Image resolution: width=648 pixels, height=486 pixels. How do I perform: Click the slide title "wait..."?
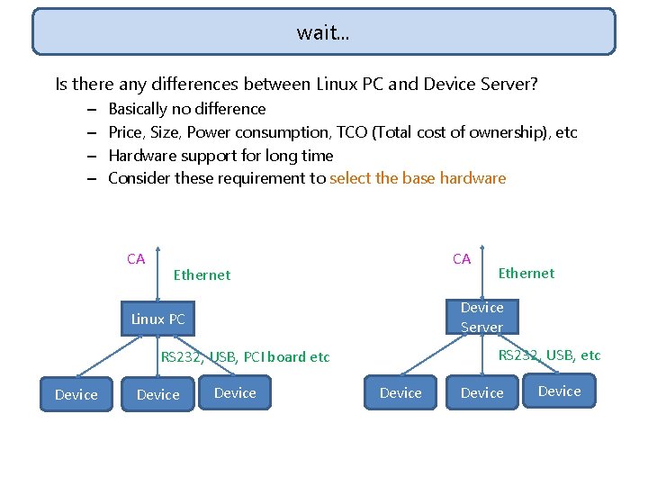pyautogui.click(x=323, y=33)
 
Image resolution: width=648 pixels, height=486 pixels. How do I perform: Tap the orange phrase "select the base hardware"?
pyautogui.click(x=418, y=178)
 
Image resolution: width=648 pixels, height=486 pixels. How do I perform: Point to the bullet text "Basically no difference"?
pyautogui.click(x=186, y=109)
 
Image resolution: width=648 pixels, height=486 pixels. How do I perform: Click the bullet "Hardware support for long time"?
pyautogui.click(x=220, y=155)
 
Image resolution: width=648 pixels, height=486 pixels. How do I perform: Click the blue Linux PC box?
pyautogui.click(x=158, y=319)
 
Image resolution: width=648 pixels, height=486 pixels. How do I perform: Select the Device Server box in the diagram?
pyautogui.click(x=481, y=317)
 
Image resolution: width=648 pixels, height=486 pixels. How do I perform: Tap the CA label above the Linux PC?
pyautogui.click(x=136, y=259)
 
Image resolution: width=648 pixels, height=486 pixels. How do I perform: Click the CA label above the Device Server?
pyautogui.click(x=462, y=259)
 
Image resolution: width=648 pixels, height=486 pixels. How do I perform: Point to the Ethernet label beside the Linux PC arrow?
pyautogui.click(x=202, y=275)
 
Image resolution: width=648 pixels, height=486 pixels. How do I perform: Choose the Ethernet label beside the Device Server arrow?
pyautogui.click(x=526, y=274)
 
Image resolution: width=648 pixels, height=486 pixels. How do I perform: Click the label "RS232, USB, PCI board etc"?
pyautogui.click(x=246, y=357)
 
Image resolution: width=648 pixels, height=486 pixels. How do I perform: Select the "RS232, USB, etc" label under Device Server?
pyautogui.click(x=549, y=355)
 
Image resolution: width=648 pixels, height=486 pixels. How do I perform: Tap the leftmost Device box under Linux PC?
pyautogui.click(x=76, y=394)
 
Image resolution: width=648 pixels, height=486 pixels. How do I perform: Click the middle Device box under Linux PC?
pyautogui.click(x=157, y=395)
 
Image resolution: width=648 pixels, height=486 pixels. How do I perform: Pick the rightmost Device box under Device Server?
pyautogui.click(x=559, y=391)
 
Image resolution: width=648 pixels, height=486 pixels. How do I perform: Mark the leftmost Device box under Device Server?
pyautogui.click(x=400, y=393)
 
